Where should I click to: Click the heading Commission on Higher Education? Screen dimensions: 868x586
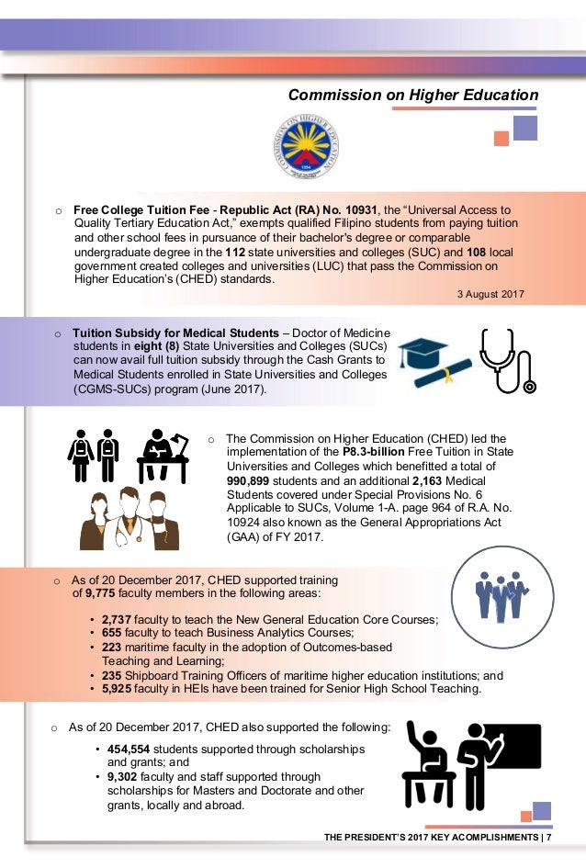click(413, 95)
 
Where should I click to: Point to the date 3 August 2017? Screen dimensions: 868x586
click(490, 294)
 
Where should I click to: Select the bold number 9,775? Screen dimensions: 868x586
click(100, 593)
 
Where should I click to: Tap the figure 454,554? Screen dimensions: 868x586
click(129, 749)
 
